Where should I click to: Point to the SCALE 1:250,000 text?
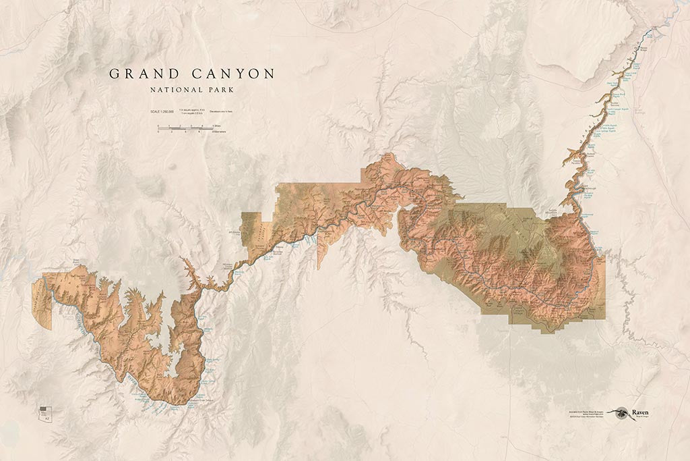click(x=162, y=111)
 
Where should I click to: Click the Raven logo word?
click(x=639, y=411)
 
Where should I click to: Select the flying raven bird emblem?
click(x=619, y=412)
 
